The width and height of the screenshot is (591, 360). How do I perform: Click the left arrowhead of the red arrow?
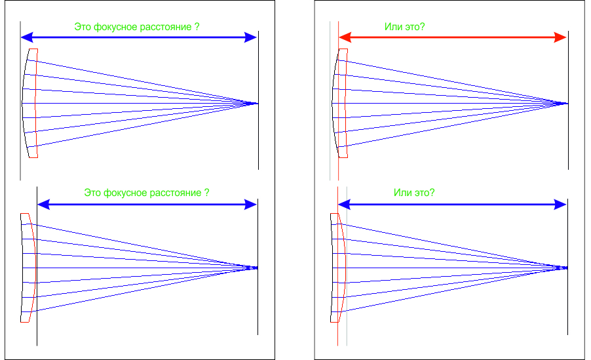345,37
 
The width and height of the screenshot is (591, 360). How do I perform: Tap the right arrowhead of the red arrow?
560,37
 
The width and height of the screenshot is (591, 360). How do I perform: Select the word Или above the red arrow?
392,27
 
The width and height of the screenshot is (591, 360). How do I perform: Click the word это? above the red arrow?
414,27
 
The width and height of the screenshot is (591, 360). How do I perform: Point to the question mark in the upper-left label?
197,27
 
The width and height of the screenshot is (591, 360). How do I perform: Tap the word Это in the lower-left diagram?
92,193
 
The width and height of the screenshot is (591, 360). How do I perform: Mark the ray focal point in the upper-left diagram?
256,104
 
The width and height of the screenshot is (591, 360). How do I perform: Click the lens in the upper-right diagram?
339,103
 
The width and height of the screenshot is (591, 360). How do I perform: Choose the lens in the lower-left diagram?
28,268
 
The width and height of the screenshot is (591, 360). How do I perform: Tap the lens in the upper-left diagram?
29,103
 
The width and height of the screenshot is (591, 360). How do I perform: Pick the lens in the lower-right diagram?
338,268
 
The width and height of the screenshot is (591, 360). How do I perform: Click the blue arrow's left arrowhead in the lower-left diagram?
44,205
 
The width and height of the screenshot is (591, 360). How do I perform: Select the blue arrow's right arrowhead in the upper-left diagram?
251,37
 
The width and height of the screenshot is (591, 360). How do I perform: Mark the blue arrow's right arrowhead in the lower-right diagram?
560,205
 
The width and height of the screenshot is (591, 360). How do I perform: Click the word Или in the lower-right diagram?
402,193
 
